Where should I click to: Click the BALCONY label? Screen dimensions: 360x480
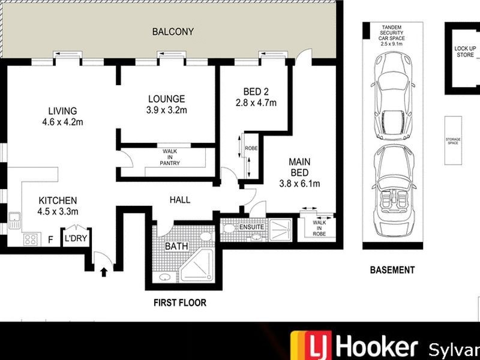pyautogui.click(x=173, y=32)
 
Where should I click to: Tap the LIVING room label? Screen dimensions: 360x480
pyautogui.click(x=62, y=111)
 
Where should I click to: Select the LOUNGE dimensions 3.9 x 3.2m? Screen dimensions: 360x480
pyautogui.click(x=166, y=110)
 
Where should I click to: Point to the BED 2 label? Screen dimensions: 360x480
pyautogui.click(x=256, y=92)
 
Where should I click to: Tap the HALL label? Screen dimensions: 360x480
pyautogui.click(x=179, y=200)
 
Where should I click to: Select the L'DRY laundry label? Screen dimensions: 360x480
pyautogui.click(x=76, y=238)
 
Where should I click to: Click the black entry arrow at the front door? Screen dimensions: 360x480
pyautogui.click(x=104, y=272)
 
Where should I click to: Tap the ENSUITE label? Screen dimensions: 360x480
pyautogui.click(x=251, y=227)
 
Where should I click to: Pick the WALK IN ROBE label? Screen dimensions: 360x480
pyautogui.click(x=318, y=227)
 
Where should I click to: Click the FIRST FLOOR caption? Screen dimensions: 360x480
pyautogui.click(x=179, y=303)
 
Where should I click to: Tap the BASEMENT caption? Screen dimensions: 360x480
pyautogui.click(x=391, y=270)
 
